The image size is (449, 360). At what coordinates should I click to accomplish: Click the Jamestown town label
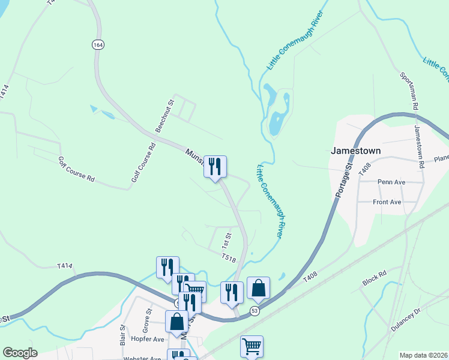click(355, 151)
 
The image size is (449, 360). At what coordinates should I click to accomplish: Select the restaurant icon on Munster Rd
click(215, 166)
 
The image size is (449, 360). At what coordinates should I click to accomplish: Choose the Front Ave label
click(387, 202)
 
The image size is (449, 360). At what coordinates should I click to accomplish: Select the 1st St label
click(226, 240)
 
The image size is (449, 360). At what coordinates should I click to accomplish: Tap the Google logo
click(20, 353)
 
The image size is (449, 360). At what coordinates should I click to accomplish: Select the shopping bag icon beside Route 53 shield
click(258, 289)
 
